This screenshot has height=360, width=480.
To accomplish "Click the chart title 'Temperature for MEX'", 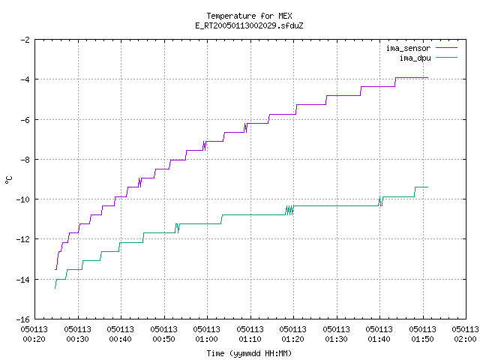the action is click(x=249, y=16).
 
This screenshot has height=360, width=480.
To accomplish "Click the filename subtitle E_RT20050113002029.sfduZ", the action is click(x=249, y=25).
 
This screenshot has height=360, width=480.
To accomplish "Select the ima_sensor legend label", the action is click(x=408, y=48).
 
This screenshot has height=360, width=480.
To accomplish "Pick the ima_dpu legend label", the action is click(x=415, y=58).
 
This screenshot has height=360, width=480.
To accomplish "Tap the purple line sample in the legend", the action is click(x=446, y=48).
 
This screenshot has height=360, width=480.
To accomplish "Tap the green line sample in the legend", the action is click(x=446, y=57).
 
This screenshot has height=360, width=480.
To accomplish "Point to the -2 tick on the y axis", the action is click(x=25, y=40).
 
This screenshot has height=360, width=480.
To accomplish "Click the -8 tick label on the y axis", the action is click(x=25, y=160).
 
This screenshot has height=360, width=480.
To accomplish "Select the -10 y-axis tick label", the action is click(x=23, y=199).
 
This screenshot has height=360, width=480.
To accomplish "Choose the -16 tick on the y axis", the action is click(x=23, y=319).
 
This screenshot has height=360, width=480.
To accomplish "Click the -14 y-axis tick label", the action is click(x=23, y=280).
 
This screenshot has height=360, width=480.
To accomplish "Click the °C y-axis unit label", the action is click(x=8, y=180).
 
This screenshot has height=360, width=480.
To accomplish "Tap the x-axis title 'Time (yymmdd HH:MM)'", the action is click(x=249, y=353).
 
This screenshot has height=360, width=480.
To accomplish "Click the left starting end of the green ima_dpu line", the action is click(x=55, y=288).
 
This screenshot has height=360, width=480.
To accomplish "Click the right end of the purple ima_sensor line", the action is click(x=427, y=78).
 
